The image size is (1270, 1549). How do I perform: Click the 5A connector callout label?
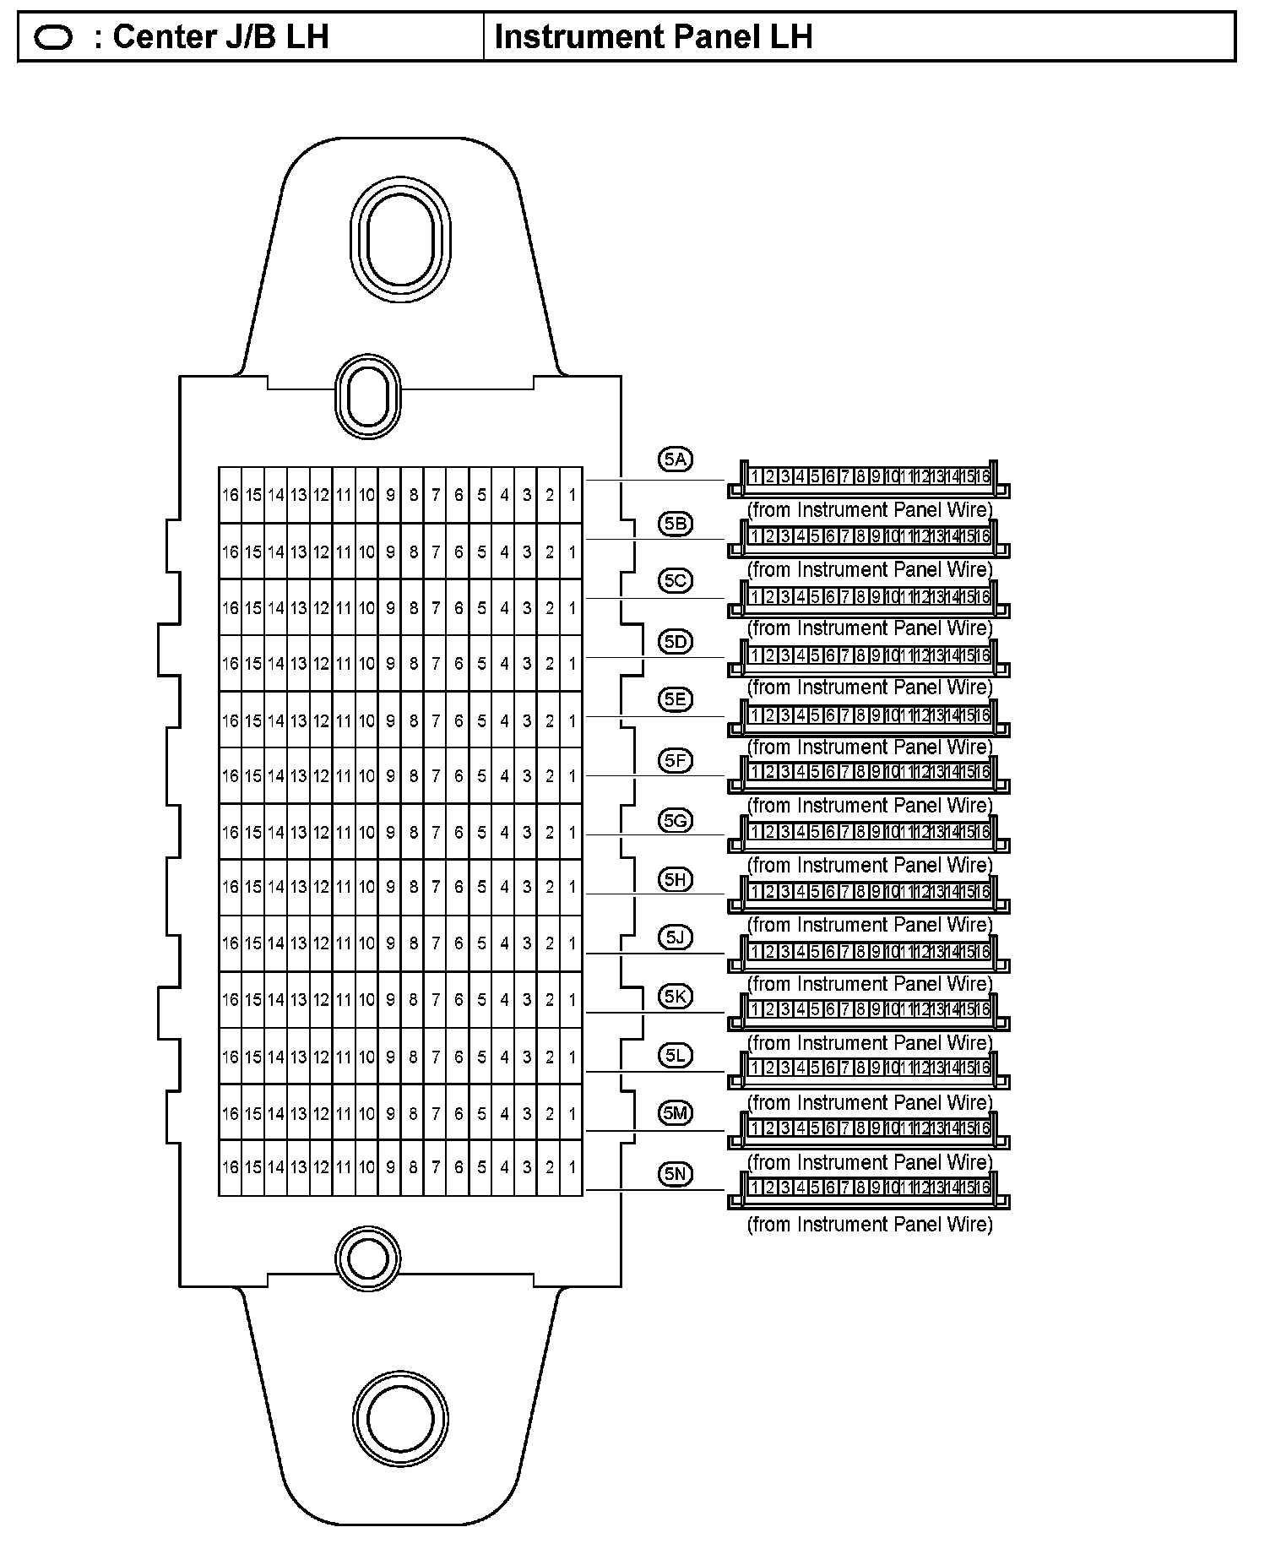click(x=675, y=460)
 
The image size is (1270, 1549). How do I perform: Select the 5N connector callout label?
click(x=675, y=1174)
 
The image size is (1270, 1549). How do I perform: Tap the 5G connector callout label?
click(x=675, y=820)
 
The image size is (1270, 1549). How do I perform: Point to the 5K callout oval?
click(x=675, y=997)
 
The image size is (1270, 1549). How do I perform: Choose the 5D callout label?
click(x=675, y=642)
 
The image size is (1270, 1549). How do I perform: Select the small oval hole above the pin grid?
click(x=367, y=397)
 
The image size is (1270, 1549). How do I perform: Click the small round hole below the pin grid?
click(x=367, y=1261)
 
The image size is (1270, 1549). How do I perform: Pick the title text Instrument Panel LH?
click(x=653, y=37)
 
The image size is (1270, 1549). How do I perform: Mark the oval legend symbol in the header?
click(x=53, y=38)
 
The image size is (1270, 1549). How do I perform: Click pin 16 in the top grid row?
click(x=230, y=495)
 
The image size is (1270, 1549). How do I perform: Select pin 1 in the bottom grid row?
click(x=573, y=1167)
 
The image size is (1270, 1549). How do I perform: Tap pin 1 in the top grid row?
click(x=573, y=495)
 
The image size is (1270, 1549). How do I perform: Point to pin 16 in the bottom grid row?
click(x=230, y=1167)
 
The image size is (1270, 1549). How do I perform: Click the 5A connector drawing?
click(x=868, y=479)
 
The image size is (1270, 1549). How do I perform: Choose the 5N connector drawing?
click(x=868, y=1190)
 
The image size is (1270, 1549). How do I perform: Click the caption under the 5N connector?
click(x=869, y=1225)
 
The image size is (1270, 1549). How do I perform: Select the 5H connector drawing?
click(x=868, y=894)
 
